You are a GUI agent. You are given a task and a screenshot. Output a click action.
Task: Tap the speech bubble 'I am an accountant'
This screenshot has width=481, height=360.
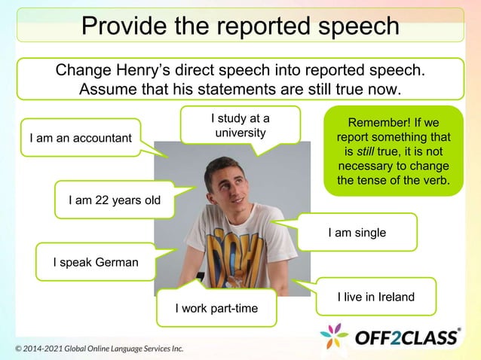(x=80, y=138)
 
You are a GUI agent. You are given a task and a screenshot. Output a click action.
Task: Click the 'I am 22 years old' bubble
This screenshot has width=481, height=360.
(x=113, y=200)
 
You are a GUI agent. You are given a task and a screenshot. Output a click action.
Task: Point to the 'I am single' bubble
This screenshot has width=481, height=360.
(x=357, y=233)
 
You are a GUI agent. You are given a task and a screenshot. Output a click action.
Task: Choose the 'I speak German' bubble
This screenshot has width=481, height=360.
(x=95, y=262)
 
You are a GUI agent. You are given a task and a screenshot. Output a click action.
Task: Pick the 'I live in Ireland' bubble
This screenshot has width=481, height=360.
(x=375, y=297)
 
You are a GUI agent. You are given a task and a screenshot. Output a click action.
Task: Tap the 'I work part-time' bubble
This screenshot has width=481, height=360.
(x=216, y=309)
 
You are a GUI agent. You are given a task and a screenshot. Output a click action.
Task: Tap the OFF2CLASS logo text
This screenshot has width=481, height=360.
(x=407, y=336)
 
